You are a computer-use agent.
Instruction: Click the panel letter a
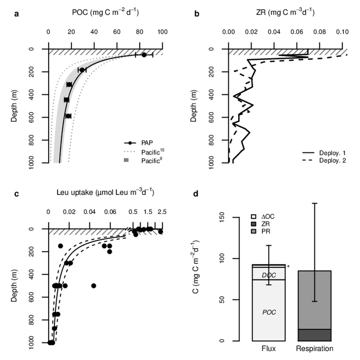point(16,14)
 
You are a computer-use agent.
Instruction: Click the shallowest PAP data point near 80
point(144,55)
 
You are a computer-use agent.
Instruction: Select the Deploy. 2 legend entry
point(332,161)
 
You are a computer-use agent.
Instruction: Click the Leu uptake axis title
point(105,193)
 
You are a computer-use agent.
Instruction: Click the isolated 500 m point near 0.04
point(94,286)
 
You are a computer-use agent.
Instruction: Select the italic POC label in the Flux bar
point(269,312)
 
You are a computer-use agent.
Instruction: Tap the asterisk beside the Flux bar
point(288,267)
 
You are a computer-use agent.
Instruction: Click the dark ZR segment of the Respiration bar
point(314,335)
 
